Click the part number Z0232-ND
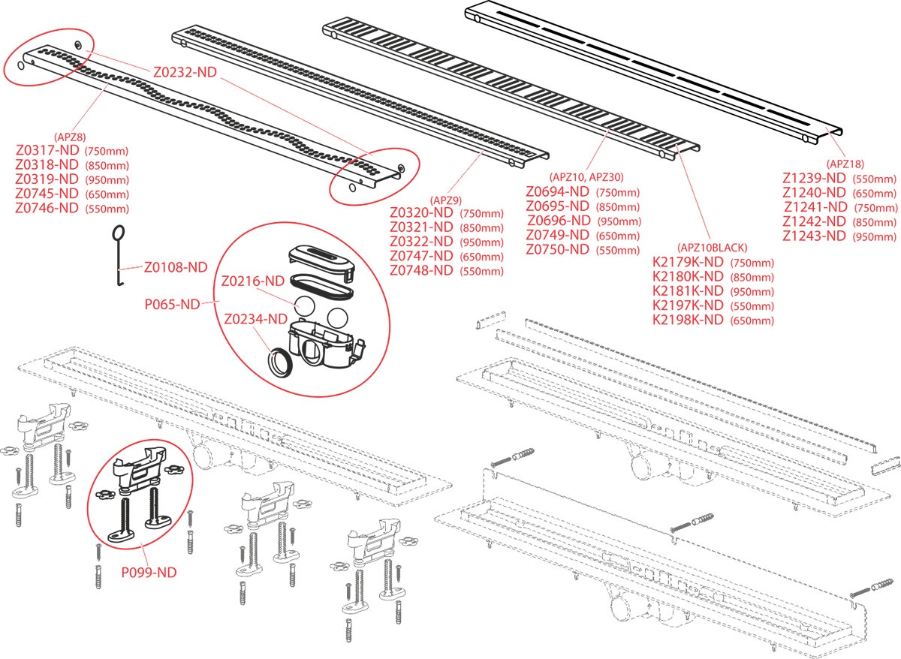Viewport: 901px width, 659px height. (x=185, y=73)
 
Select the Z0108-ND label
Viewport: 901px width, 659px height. (x=176, y=266)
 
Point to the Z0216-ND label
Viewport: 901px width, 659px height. (x=252, y=281)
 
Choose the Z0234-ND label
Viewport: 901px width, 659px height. (x=255, y=319)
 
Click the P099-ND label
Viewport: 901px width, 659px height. (x=149, y=572)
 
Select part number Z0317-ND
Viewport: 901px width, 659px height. (x=47, y=151)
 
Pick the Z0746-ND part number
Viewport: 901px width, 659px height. (x=47, y=208)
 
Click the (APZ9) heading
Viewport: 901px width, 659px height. (x=444, y=200)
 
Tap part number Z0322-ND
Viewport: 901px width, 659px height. (x=421, y=242)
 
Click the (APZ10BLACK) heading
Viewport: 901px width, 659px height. (x=712, y=248)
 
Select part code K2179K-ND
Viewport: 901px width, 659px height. (x=688, y=262)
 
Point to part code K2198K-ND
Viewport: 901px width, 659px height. (x=688, y=320)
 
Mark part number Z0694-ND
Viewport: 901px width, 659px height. (x=558, y=191)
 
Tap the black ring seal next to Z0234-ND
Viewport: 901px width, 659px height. (x=280, y=362)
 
